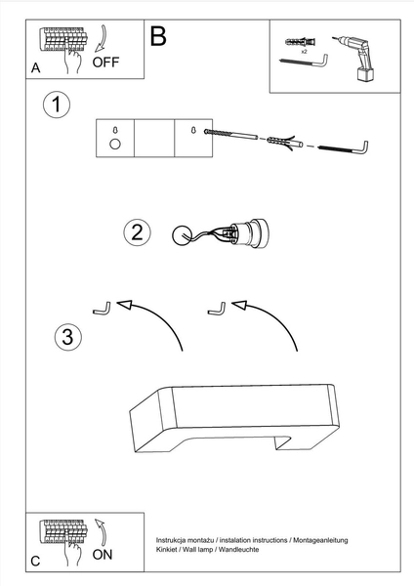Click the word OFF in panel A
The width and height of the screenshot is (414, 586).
click(105, 63)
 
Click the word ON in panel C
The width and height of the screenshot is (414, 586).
click(103, 555)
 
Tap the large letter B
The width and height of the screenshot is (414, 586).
click(158, 36)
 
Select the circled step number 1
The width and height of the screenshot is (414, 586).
click(57, 105)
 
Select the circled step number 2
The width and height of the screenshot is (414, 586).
click(137, 232)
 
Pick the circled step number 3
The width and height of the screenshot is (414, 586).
click(67, 337)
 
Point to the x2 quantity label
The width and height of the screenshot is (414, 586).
click(304, 52)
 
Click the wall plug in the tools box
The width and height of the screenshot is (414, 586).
click(301, 41)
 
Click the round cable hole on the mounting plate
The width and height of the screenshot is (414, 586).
click(115, 144)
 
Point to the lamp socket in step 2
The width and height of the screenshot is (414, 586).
click(247, 233)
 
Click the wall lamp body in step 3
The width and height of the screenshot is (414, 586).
click(234, 418)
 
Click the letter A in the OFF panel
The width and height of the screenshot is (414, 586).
click(35, 68)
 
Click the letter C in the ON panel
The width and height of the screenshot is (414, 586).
click(35, 561)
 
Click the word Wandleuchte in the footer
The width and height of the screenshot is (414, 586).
click(239, 549)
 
